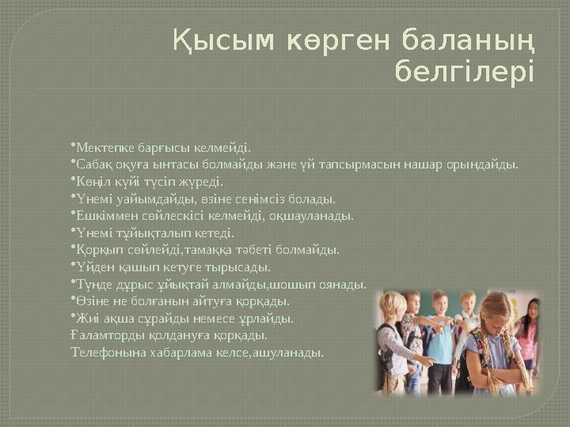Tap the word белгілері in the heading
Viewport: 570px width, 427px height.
(x=464, y=72)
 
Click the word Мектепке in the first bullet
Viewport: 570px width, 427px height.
(x=98, y=147)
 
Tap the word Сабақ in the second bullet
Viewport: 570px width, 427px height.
(x=90, y=164)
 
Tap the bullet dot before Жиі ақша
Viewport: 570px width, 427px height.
(x=72, y=318)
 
